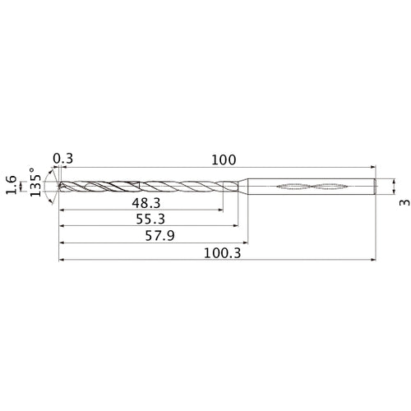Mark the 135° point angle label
pos(36,186)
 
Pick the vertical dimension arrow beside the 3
pos(394,186)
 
